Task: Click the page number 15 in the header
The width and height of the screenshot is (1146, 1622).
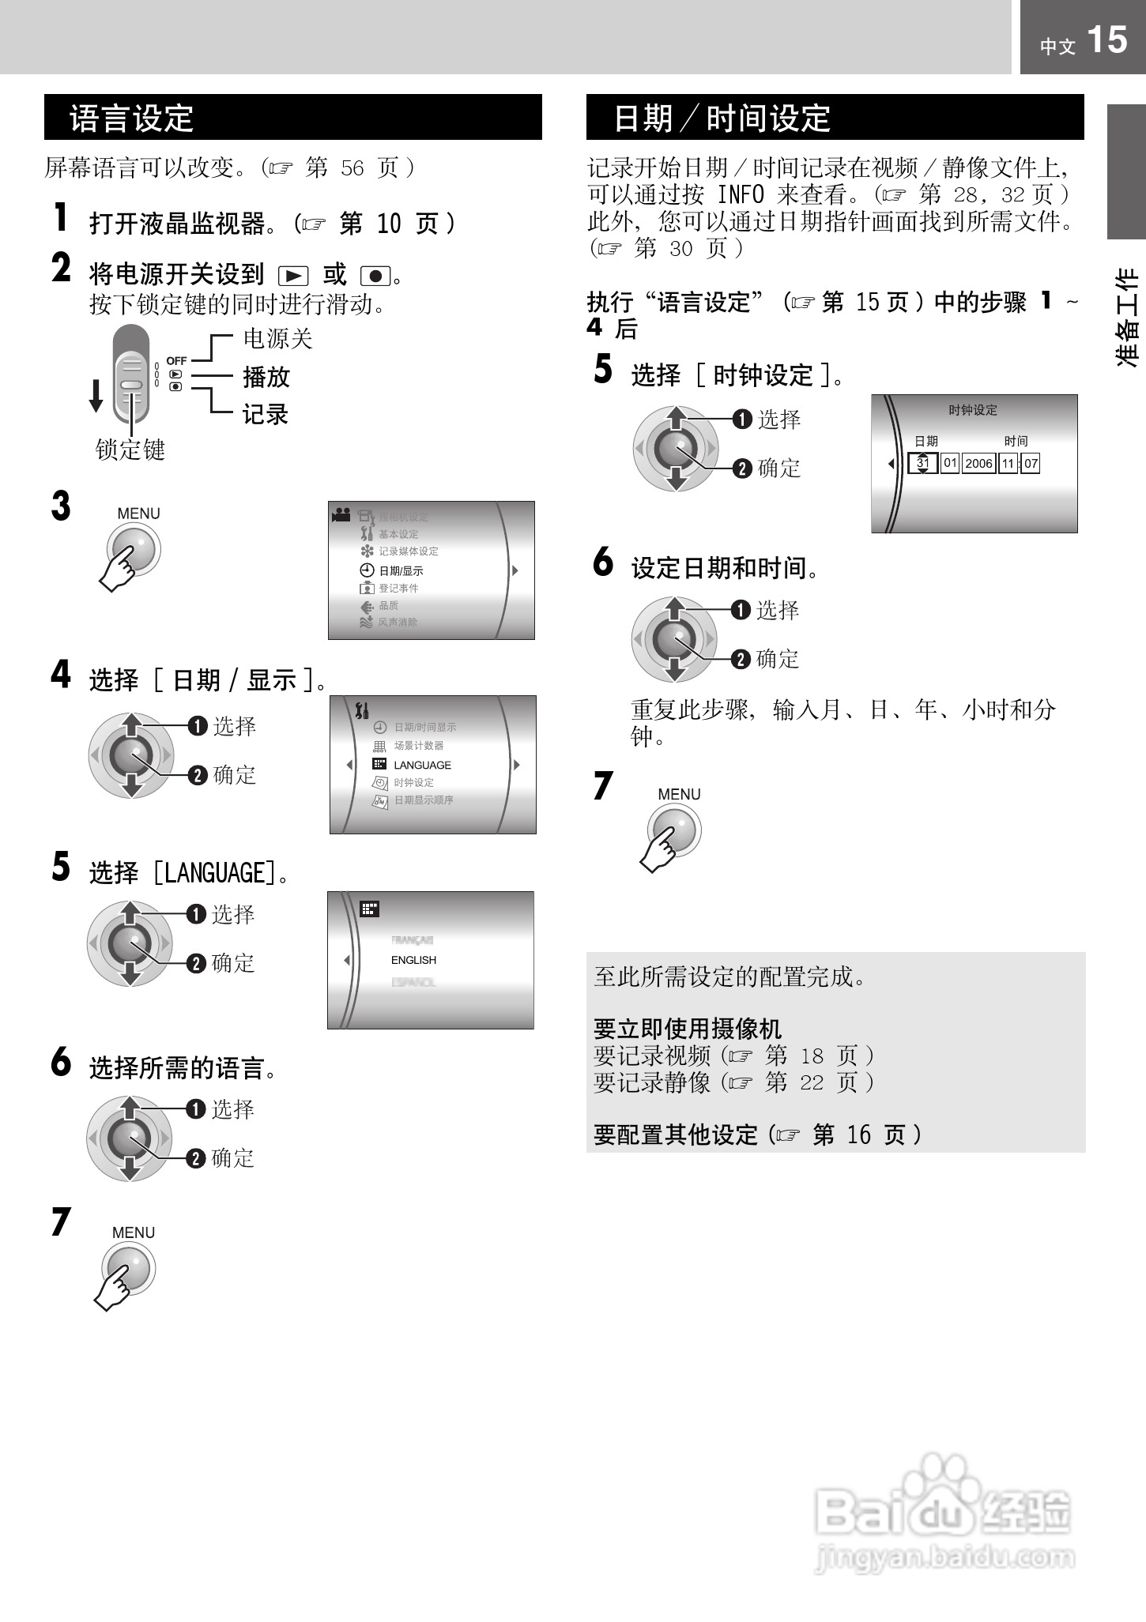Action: coord(1106,40)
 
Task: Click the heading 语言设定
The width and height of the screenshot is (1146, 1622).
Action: coord(132,119)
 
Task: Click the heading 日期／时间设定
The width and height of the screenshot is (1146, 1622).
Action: coord(722,119)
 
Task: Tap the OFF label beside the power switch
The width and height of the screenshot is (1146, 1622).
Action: coord(176,360)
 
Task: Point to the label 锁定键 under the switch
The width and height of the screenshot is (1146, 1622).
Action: coord(130,450)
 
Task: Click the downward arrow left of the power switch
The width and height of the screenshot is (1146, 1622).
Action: coord(96,396)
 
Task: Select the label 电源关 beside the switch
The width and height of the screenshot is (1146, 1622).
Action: coord(277,339)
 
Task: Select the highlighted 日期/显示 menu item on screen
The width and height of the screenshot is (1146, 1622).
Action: coord(401,570)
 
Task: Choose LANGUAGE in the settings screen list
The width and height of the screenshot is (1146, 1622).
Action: coord(422,765)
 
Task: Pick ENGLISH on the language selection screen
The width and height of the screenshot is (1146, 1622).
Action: coord(413,960)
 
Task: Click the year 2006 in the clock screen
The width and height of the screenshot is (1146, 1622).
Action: coord(978,463)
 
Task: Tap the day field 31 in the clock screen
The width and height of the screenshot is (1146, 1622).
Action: coord(922,463)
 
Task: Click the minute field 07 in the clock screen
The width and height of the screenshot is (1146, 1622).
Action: coord(1031,463)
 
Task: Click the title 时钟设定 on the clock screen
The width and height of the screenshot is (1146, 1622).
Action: coord(973,410)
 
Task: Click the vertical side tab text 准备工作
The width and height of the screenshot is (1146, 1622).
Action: coord(1127,317)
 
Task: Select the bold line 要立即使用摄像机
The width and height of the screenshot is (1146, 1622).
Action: coord(687,1029)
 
